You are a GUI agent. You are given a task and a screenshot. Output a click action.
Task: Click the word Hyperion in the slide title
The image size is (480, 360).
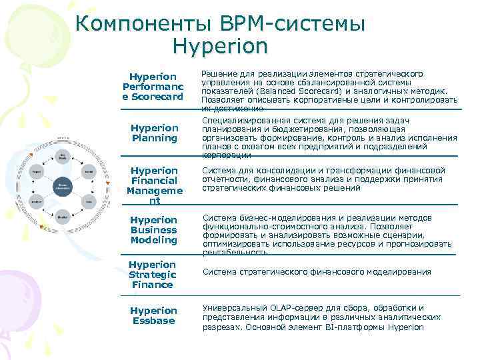219,47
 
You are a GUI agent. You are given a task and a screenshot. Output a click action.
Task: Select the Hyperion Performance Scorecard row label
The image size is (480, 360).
153,87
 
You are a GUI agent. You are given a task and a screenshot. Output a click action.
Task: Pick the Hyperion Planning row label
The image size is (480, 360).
154,133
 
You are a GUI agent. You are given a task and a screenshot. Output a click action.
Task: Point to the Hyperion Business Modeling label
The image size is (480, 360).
153,230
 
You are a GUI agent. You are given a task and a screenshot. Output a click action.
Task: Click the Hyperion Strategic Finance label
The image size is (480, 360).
152,275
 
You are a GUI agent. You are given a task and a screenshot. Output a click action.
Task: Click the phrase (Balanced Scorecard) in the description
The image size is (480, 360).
295,91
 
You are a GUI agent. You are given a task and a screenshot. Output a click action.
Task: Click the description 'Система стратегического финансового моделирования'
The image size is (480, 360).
317,272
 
